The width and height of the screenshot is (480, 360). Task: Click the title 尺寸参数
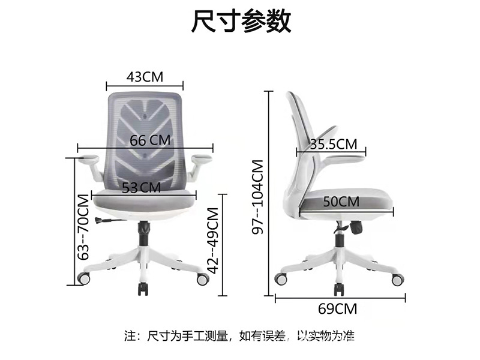coord(241,22)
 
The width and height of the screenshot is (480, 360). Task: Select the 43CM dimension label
coord(145,77)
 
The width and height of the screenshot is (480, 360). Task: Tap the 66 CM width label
coord(150,140)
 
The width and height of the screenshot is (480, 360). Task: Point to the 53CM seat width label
coord(142,187)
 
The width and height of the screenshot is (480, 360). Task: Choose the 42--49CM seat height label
coord(212,239)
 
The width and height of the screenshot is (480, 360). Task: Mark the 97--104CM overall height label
coord(258,197)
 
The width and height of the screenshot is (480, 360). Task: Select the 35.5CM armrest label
coord(334,144)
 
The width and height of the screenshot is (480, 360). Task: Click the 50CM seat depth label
coord(341,202)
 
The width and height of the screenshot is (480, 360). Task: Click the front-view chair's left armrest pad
coord(89,159)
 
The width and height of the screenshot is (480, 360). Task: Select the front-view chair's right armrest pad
coord(201,158)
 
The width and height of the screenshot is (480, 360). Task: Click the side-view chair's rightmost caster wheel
coord(397,280)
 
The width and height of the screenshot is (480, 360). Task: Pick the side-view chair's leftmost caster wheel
coord(280,278)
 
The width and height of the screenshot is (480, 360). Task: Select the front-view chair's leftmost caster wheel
coord(84,279)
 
